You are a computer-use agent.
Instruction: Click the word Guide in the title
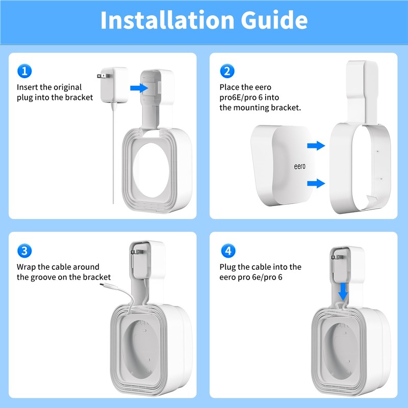pyautogui.click(x=274, y=20)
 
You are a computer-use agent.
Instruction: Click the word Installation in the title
pyautogui.click(x=167, y=20)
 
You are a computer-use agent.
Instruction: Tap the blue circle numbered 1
pyautogui.click(x=24, y=71)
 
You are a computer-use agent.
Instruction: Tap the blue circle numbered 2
pyautogui.click(x=227, y=71)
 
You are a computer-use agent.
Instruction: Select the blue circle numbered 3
pyautogui.click(x=24, y=251)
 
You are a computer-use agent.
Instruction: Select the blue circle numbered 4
pyautogui.click(x=228, y=251)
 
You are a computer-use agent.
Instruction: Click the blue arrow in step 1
pyautogui.click(x=139, y=88)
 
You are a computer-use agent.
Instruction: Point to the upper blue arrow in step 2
pyautogui.click(x=316, y=145)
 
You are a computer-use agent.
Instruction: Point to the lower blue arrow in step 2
pyautogui.click(x=316, y=183)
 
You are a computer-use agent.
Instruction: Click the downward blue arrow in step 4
pyautogui.click(x=343, y=292)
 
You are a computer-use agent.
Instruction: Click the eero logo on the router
pyautogui.click(x=299, y=166)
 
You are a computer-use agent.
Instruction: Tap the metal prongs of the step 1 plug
pyautogui.click(x=104, y=76)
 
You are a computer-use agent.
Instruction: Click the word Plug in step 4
pyautogui.click(x=227, y=267)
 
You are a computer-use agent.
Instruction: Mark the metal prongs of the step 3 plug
pyautogui.click(x=136, y=252)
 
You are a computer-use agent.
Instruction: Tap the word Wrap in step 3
pyautogui.click(x=27, y=267)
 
